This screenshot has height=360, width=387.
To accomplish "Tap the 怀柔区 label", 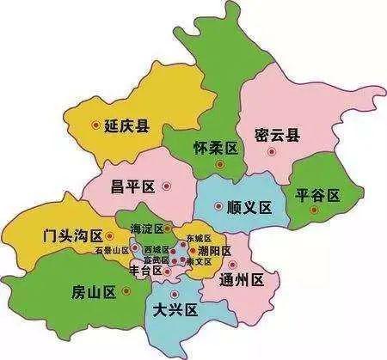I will (217, 148).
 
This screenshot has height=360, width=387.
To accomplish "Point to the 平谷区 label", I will (317, 196).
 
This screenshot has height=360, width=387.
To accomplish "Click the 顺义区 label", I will (249, 207).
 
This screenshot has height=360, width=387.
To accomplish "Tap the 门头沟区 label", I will (73, 235).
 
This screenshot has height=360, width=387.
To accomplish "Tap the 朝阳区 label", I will (214, 251).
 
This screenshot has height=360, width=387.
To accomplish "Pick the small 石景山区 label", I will (112, 250).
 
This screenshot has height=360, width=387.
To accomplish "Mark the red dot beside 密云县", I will (272, 151).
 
